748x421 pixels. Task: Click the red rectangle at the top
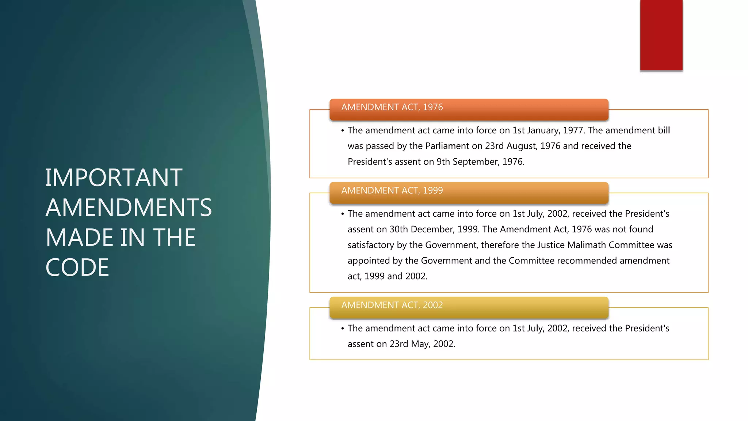pyautogui.click(x=661, y=35)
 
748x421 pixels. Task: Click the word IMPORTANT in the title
pyautogui.click(x=114, y=178)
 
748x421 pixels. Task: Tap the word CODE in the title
pyautogui.click(x=77, y=268)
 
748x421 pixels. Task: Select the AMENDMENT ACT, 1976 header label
pyautogui.click(x=392, y=107)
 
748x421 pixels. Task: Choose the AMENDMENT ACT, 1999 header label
pyautogui.click(x=392, y=190)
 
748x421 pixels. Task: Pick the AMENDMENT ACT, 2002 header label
pyautogui.click(x=392, y=305)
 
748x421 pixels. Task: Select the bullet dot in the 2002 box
pyautogui.click(x=343, y=329)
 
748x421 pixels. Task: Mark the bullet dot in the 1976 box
pyautogui.click(x=343, y=130)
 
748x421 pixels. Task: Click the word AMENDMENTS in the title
pyautogui.click(x=129, y=208)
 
